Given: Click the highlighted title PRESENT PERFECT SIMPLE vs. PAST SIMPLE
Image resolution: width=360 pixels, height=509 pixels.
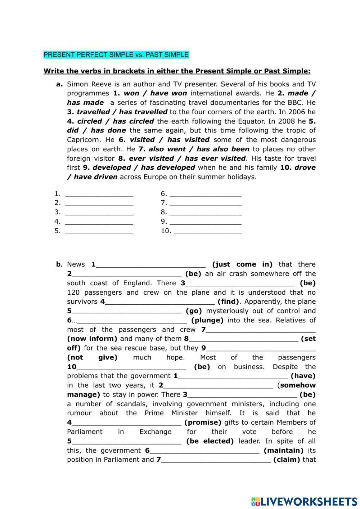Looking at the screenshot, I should (x=116, y=55).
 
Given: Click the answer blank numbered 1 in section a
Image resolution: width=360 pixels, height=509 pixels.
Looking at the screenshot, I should (x=99, y=194).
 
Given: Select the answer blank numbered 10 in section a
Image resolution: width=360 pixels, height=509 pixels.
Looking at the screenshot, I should (x=207, y=231).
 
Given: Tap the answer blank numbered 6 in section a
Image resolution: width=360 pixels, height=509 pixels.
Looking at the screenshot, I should (x=205, y=194).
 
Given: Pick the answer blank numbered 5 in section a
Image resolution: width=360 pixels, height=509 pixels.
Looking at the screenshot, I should (x=99, y=231).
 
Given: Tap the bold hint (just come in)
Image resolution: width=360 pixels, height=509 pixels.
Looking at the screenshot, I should (x=242, y=264).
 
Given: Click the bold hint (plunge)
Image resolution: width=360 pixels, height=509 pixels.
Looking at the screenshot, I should (x=207, y=320).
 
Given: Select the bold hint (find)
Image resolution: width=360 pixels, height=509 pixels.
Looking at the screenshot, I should (x=229, y=302).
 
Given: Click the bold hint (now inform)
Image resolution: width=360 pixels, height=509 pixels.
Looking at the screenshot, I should (x=92, y=339).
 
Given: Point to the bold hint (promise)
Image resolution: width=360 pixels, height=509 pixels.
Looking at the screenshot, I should (x=203, y=423).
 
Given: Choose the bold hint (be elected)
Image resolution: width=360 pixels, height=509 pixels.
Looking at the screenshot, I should (x=210, y=441).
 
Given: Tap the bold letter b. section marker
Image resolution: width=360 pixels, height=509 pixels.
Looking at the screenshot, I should (x=59, y=264).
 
